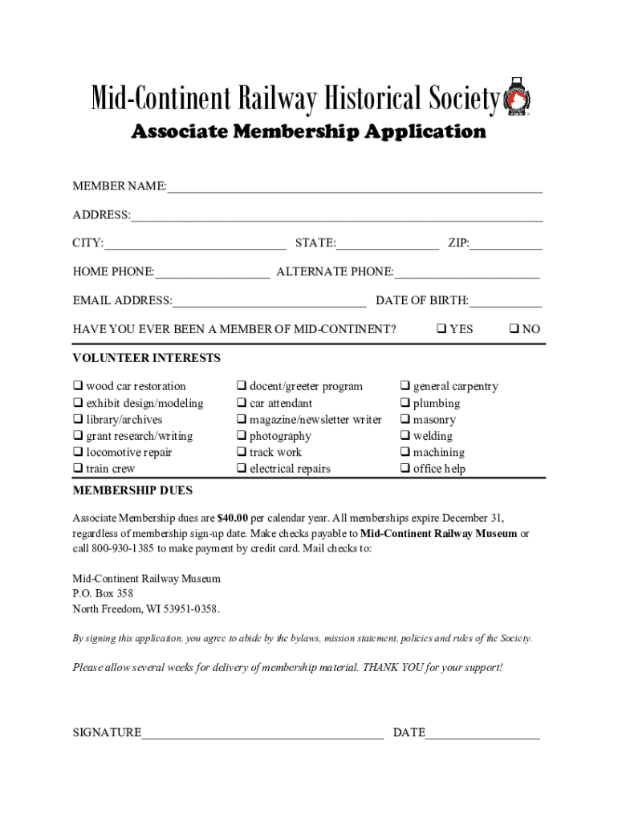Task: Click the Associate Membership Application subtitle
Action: coord(308,132)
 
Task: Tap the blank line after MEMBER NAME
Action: coord(354,187)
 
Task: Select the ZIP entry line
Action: coord(506,244)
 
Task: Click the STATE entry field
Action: coord(388,244)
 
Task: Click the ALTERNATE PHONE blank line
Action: coord(466,272)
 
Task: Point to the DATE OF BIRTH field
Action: coord(506,301)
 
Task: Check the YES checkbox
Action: coord(441,329)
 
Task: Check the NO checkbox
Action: coord(514,329)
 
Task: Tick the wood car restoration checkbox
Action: coord(78,386)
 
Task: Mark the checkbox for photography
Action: coord(241,436)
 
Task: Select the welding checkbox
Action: coord(405,436)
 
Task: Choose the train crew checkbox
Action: coord(78,469)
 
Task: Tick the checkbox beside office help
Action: coord(405,469)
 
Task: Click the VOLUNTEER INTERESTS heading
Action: coord(147,358)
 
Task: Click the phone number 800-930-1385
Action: coord(120,549)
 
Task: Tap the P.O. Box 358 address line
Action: coord(103,594)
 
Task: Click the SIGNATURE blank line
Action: coord(262,732)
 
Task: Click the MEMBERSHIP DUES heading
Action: coord(132,490)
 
